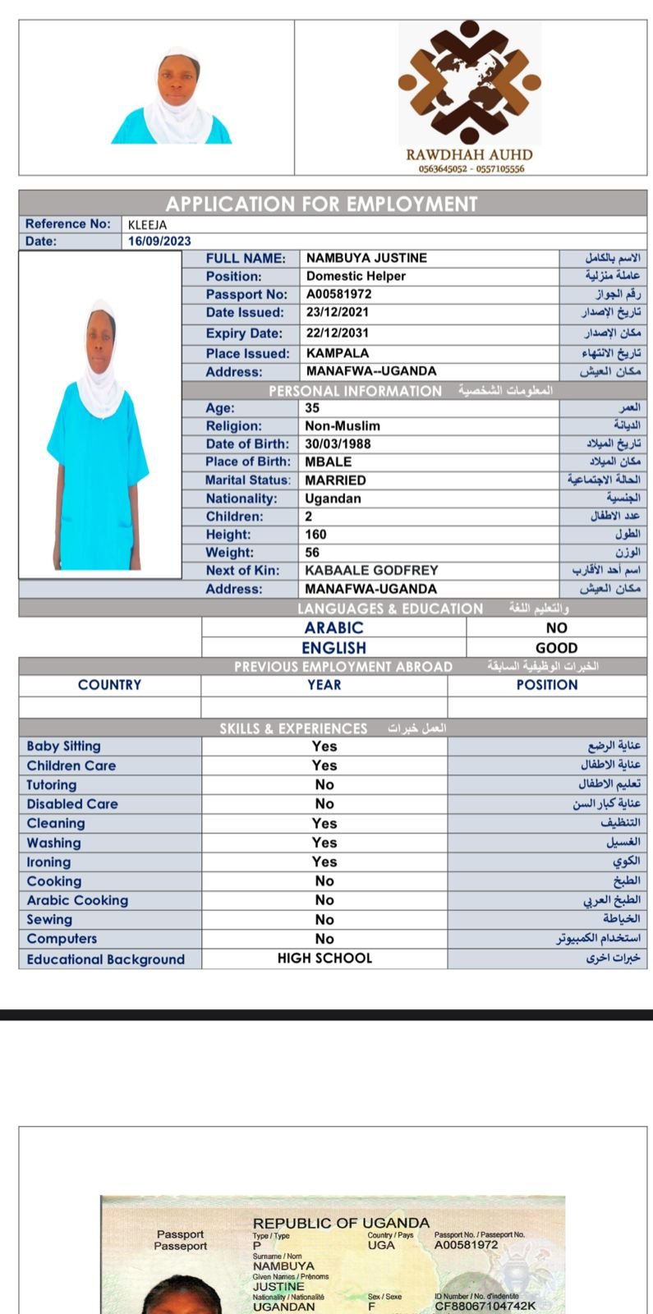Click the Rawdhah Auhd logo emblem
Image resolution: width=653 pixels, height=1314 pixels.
point(469,82)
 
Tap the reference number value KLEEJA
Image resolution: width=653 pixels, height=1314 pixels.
point(147,225)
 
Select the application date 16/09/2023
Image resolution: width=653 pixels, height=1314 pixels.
point(159,241)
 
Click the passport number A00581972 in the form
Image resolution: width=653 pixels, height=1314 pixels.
point(338,294)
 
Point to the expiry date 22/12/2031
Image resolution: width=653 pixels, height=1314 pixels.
point(337,333)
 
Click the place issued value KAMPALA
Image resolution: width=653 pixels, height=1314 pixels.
point(337,353)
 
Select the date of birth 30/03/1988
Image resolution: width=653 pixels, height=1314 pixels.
point(338,443)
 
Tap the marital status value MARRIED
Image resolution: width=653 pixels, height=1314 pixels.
point(335,480)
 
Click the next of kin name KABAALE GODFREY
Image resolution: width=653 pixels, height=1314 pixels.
point(371,570)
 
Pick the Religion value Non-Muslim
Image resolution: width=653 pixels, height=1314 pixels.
point(343,425)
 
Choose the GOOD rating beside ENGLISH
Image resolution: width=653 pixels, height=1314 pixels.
point(556,648)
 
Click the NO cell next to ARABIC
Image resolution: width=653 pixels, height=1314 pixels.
point(556,628)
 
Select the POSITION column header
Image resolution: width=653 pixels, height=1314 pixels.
point(547,685)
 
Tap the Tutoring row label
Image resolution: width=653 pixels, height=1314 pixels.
point(52,785)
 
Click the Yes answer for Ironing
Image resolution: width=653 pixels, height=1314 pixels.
point(324,861)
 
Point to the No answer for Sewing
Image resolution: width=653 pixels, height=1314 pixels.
point(324,920)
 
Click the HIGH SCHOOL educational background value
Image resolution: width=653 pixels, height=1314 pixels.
point(324,958)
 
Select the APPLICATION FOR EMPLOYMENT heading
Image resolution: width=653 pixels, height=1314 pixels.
point(321,204)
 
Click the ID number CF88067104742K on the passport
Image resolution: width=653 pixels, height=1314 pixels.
point(485,1306)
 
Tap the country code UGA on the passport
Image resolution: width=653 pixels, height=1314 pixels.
point(381,1245)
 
